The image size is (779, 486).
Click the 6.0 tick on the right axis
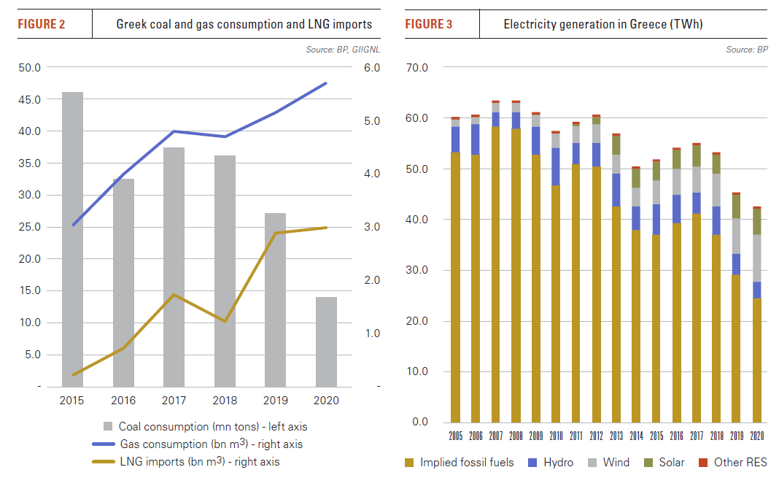[x=372, y=67]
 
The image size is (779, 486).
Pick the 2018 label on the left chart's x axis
[x=225, y=401]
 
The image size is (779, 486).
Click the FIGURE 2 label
[x=42, y=25]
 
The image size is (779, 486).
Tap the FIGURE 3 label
[x=429, y=25]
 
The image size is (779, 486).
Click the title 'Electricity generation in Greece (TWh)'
[x=596, y=25]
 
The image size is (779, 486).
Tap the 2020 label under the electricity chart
[x=756, y=436]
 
